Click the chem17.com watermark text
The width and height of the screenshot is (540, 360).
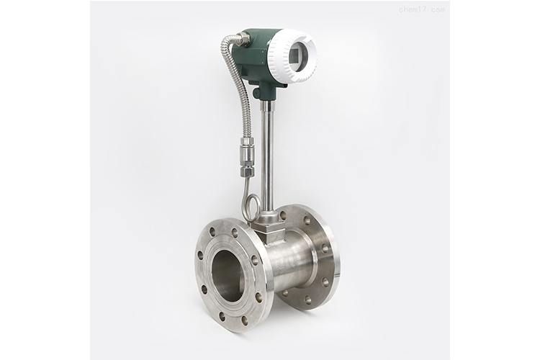(x=421, y=9)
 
